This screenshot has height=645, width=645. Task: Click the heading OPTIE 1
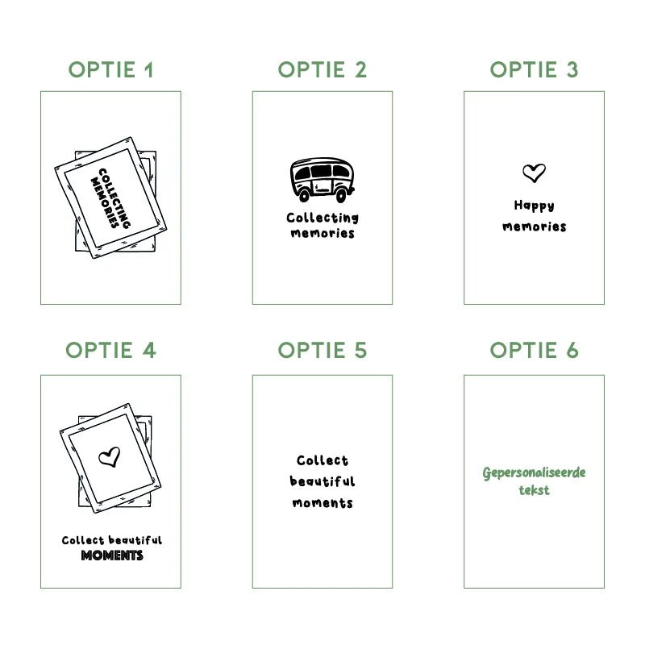point(110,69)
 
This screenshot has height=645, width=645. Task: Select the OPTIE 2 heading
point(322,69)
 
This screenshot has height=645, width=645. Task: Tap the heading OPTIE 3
point(534,69)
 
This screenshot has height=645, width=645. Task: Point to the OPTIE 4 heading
point(110,351)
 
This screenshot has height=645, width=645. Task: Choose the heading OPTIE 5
point(322,351)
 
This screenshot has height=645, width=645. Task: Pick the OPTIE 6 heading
point(534,351)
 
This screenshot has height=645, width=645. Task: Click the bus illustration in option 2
point(322,180)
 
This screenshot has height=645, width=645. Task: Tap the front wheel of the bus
point(341,195)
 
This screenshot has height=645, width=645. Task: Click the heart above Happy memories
point(534,173)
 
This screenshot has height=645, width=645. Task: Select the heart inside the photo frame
point(110,457)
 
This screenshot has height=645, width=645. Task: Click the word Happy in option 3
point(534,206)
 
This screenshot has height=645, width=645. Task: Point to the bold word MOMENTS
point(112,556)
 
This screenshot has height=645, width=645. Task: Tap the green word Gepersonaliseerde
point(534,473)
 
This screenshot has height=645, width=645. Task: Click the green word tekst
point(534,490)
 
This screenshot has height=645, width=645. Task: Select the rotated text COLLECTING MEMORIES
point(110,198)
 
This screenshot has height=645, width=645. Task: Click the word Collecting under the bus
point(322,218)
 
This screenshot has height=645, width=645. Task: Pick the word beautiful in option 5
point(322,481)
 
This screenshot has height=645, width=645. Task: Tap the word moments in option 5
point(322,503)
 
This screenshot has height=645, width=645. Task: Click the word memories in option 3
point(534,227)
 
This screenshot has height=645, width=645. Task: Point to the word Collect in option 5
point(322,460)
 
